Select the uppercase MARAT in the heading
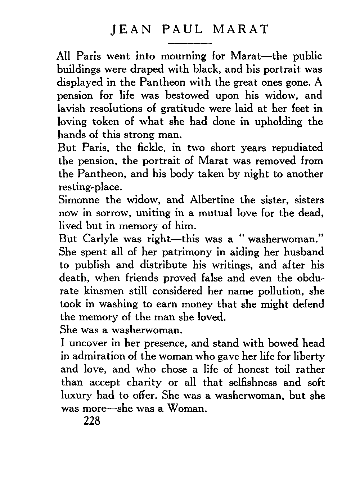241,29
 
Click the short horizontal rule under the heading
190,43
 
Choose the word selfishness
249,383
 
